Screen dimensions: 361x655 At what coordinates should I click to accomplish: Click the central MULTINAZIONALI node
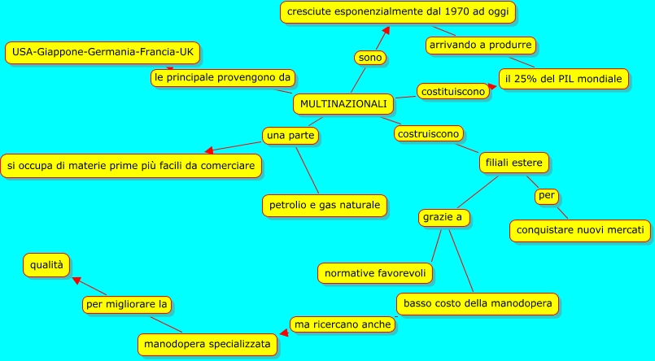pyautogui.click(x=343, y=104)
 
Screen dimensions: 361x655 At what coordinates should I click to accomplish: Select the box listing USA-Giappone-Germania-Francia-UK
pyautogui.click(x=102, y=53)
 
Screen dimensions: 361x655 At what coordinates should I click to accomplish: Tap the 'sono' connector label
pyautogui.click(x=370, y=58)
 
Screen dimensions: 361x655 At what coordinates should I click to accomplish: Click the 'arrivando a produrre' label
pyautogui.click(x=481, y=45)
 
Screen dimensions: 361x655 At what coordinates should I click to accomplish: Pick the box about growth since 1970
pyautogui.click(x=398, y=12)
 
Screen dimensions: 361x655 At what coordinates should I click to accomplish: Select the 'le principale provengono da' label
pyautogui.click(x=222, y=77)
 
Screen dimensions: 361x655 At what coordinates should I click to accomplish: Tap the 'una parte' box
pyautogui.click(x=290, y=134)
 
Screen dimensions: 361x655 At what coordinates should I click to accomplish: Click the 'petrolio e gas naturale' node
pyautogui.click(x=323, y=205)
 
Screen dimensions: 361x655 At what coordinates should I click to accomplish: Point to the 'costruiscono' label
pyautogui.click(x=429, y=133)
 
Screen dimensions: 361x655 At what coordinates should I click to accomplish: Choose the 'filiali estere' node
pyautogui.click(x=513, y=163)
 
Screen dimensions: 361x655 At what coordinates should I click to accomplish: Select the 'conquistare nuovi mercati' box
pyautogui.click(x=580, y=230)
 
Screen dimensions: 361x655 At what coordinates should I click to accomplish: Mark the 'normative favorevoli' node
pyautogui.click(x=374, y=273)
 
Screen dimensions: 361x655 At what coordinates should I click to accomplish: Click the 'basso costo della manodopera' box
pyautogui.click(x=477, y=304)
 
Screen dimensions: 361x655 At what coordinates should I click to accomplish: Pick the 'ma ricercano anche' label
pyautogui.click(x=343, y=324)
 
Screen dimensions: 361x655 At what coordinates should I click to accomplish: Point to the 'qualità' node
pyautogui.click(x=46, y=264)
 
